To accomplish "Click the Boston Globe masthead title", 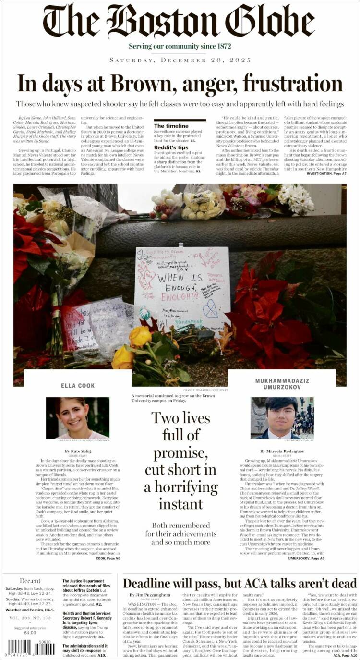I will coord(180,22).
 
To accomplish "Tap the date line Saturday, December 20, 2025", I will coord(180,60).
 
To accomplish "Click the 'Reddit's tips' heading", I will coord(171,147).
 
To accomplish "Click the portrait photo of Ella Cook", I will coord(78,417).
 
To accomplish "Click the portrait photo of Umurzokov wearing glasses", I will coord(282,417).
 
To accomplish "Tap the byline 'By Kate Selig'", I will coord(77,452).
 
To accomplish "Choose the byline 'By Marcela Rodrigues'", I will coord(282,452).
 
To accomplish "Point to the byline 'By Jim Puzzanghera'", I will coord(150,595).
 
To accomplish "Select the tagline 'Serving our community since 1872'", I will coord(180,46).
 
